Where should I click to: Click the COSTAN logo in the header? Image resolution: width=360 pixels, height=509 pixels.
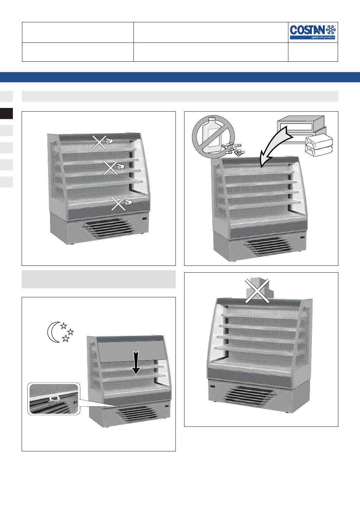(x=313, y=32)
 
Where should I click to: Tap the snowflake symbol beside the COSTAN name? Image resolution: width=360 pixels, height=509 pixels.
(x=331, y=30)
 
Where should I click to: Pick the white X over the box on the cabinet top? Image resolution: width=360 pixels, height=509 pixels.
(x=257, y=290)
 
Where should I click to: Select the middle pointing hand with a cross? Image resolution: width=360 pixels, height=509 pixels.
(x=114, y=167)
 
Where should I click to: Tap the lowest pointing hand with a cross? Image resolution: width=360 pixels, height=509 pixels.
(x=122, y=203)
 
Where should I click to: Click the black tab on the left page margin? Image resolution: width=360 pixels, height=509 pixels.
(x=6, y=113)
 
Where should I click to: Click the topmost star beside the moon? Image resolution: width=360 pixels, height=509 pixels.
(x=63, y=326)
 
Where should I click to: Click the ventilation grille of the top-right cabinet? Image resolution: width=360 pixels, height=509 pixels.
(x=268, y=247)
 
